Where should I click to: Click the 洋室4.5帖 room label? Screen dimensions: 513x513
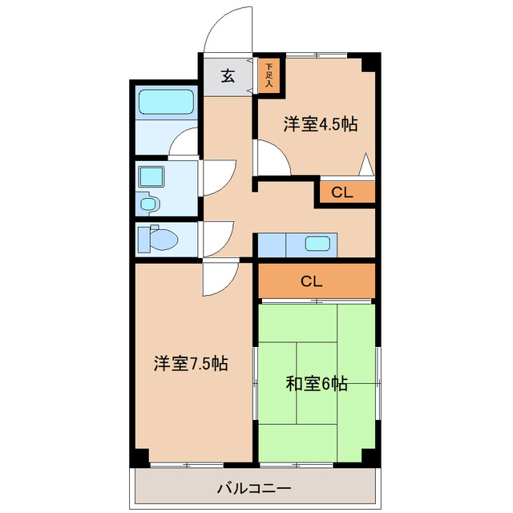(x=320, y=124)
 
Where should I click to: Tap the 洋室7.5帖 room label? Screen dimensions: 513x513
(x=191, y=364)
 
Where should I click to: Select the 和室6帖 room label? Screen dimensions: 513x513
(x=317, y=384)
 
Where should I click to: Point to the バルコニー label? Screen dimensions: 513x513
(x=253, y=487)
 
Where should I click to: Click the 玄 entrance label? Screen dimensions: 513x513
(x=228, y=76)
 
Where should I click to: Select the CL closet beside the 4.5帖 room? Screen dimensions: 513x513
(x=342, y=192)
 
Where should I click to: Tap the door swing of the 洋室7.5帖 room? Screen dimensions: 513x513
(x=219, y=277)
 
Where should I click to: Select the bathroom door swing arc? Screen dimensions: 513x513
(x=185, y=143)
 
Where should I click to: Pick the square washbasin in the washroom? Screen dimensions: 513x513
(x=150, y=176)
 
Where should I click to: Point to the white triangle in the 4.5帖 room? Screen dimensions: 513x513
(x=366, y=166)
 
